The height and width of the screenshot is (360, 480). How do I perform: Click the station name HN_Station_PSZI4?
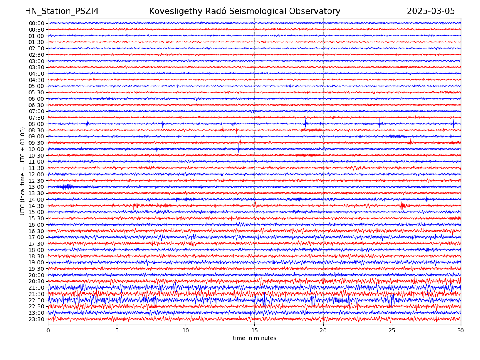[62, 11]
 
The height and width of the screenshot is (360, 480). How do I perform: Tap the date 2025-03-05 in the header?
[431, 11]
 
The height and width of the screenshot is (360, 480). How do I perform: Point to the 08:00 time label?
[36, 124]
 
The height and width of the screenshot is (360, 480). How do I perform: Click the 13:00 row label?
[36, 187]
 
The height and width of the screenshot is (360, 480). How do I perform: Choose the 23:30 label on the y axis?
[36, 319]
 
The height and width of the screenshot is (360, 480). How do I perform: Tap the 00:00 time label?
[36, 23]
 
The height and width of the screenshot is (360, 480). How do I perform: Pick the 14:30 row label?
[36, 206]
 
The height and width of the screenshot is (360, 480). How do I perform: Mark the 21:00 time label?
[36, 288]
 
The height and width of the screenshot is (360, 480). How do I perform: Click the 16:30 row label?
[36, 231]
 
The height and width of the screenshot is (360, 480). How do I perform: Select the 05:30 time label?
[36, 92]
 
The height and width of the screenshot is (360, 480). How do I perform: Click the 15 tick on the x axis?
[254, 331]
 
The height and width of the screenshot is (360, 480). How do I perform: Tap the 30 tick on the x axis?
[461, 331]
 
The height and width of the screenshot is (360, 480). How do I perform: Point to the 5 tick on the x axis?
[117, 331]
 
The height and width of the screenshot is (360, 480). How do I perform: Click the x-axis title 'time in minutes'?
[254, 338]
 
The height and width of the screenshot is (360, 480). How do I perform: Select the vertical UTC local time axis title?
[23, 171]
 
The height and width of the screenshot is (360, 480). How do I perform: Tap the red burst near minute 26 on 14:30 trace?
[402, 206]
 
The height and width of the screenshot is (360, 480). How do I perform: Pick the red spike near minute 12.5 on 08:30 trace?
[222, 130]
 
